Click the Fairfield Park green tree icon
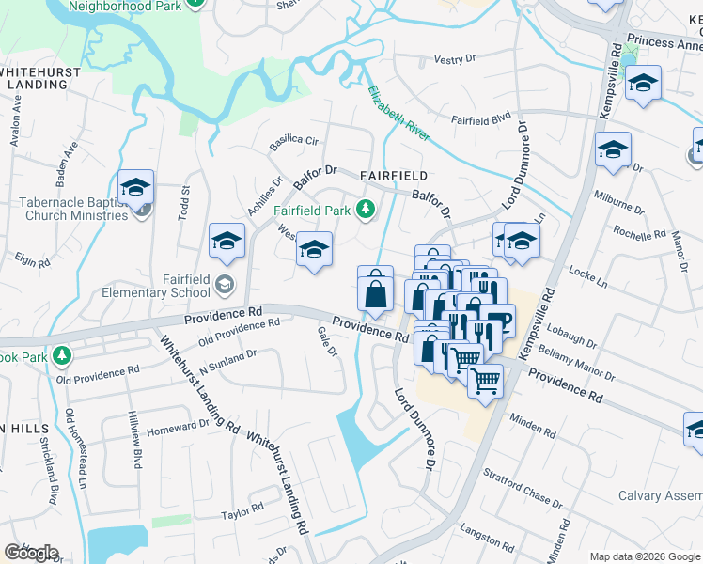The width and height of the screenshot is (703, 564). click(x=369, y=210)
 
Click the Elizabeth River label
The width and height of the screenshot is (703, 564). click(x=398, y=113)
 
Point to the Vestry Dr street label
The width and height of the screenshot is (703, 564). click(x=455, y=59)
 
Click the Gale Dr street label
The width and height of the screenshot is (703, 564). click(x=327, y=341)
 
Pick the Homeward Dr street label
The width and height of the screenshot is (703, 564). click(x=178, y=425)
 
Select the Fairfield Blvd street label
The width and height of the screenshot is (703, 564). click(x=480, y=119)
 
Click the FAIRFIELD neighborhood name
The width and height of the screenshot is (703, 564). click(x=394, y=176)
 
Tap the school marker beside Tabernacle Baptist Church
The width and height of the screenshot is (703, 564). click(x=135, y=188)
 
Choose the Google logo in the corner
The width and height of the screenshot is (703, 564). click(x=31, y=553)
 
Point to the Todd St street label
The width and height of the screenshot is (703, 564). click(x=184, y=203)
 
